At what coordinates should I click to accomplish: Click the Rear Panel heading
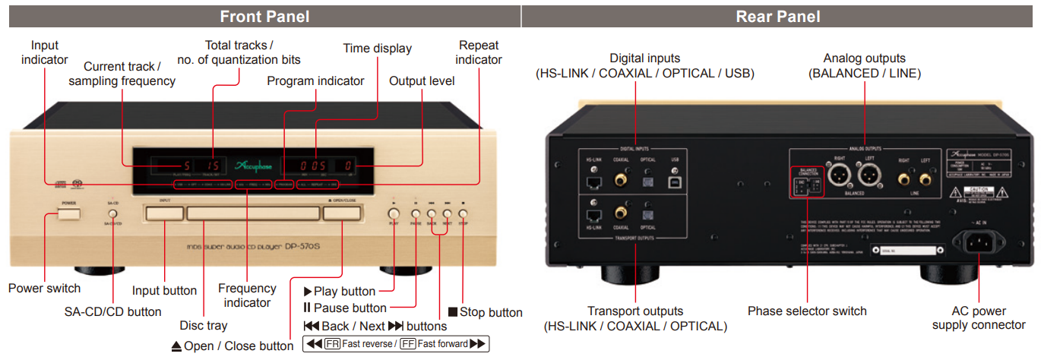pos(778,16)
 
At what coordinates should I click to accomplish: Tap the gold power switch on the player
pos(68,213)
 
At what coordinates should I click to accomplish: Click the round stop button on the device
pos(464,215)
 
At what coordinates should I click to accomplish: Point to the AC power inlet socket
pos(979,243)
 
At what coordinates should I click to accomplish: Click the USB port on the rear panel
pos(674,182)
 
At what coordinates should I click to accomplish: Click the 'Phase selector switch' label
pos(807,311)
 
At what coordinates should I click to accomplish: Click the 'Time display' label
pos(377,49)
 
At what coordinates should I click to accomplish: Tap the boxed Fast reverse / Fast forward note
pos(395,343)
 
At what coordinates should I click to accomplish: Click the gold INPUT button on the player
pos(164,213)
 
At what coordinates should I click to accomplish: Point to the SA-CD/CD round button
pos(112,215)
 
